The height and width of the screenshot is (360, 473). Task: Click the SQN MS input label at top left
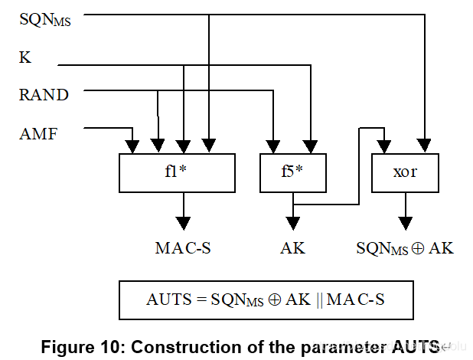tap(45, 20)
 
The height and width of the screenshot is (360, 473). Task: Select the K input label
tap(25, 57)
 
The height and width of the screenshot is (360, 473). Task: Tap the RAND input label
tap(44, 94)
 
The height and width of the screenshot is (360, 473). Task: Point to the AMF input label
tap(38, 133)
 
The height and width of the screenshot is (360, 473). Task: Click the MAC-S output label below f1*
tap(183, 248)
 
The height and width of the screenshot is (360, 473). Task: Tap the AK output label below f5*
tap(292, 248)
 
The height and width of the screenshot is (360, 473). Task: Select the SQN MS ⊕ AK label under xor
tap(405, 249)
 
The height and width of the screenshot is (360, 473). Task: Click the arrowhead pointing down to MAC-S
tap(183, 224)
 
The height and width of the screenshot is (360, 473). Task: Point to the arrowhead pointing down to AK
tap(292, 224)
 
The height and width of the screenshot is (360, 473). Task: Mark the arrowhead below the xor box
tap(406, 224)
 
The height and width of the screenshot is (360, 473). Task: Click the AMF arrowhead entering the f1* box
tap(132, 147)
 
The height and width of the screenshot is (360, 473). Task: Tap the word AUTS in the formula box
tap(169, 299)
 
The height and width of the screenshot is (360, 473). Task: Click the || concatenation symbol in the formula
tap(319, 300)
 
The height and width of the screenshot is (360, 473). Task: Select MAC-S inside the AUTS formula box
tap(356, 299)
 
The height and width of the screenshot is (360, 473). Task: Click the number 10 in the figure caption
tap(109, 347)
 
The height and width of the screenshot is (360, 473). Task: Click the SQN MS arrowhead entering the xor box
tap(425, 146)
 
